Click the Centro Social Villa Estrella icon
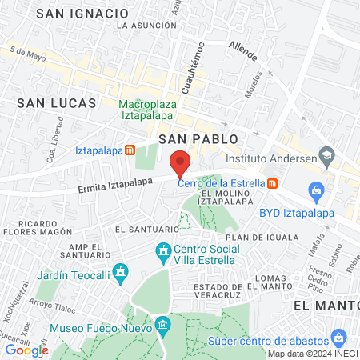tap(164, 252)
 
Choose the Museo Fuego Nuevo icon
tap(163, 326)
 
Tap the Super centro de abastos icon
tap(339, 337)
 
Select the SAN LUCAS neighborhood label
tap(57, 102)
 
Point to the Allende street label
tap(242, 53)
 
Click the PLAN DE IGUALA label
tap(262, 238)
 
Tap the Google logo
tap(27, 350)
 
